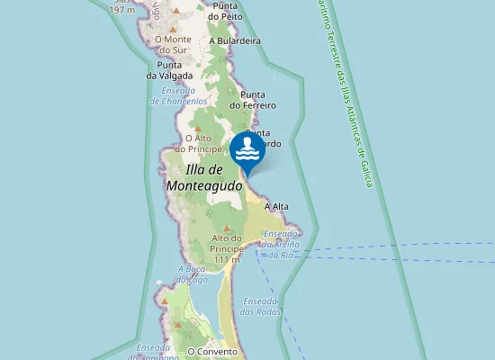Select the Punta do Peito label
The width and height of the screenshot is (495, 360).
click(226, 10)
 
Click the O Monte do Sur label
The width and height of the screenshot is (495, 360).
click(175, 45)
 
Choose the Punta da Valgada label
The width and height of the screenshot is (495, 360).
click(169, 70)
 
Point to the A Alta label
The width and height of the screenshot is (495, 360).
click(276, 207)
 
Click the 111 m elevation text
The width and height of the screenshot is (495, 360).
click(228, 259)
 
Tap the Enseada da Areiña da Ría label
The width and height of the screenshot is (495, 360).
click(279, 244)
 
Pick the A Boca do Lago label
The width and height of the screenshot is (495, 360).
click(193, 274)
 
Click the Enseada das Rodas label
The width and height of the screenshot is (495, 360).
click(261, 306)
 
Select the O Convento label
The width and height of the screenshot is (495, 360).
click(212, 351)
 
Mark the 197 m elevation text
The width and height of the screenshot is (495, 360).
click(123, 10)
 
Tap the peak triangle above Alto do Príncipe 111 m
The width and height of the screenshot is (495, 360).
click(228, 227)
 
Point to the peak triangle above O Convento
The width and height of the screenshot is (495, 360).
click(212, 333)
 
